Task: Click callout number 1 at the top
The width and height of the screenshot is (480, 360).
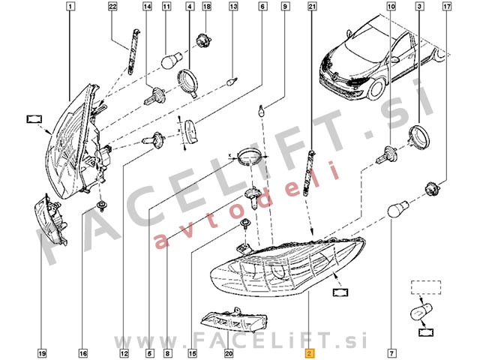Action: point(70,6)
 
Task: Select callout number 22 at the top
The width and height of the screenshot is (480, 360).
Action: point(113,6)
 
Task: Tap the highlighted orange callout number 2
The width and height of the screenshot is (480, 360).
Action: point(309,353)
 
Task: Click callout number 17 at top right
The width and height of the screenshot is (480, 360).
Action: point(447,6)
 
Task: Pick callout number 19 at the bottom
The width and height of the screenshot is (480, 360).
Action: point(42,353)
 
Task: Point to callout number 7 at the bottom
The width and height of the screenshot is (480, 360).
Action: point(392,353)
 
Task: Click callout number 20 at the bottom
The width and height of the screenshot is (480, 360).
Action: point(229,353)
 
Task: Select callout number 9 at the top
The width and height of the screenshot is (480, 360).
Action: point(285,6)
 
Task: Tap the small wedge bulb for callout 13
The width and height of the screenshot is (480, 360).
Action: point(232,82)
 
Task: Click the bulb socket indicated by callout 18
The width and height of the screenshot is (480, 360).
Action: point(204,38)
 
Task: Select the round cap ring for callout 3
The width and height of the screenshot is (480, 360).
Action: point(419,136)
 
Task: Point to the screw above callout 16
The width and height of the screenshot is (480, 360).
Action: point(100,206)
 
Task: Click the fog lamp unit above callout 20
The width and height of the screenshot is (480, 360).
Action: point(234,320)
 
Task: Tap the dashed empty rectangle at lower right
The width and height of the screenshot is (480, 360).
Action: point(426,287)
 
